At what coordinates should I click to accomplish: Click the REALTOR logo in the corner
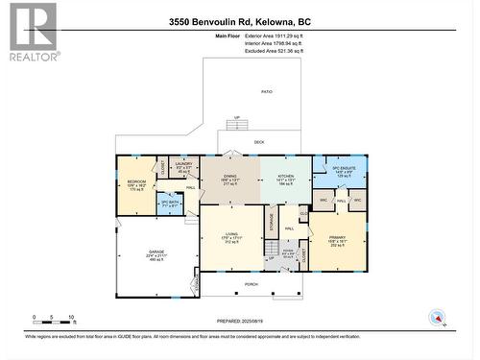pos(32,32)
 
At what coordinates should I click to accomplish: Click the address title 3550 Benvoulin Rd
pos(239,21)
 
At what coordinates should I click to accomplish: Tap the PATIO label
pos(267,91)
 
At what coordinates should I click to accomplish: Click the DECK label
pos(259,142)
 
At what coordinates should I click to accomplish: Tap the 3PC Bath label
pos(171,203)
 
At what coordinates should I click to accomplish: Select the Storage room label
pos(272,224)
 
